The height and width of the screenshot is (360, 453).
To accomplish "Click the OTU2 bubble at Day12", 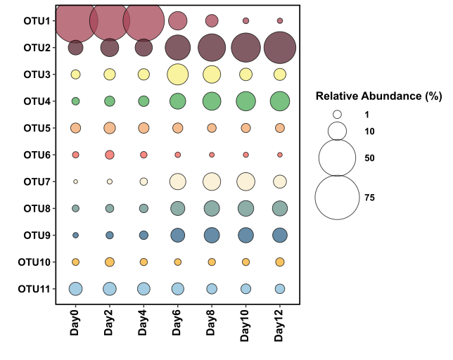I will [280, 48].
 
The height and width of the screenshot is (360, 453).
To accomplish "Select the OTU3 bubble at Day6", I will [177, 75].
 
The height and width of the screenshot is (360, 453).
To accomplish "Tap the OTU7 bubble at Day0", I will [75, 181].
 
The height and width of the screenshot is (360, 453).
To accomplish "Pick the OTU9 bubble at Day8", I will [212, 235].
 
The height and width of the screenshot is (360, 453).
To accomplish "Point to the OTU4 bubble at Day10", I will [245, 101].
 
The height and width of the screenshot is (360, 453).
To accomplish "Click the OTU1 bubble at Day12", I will [280, 21].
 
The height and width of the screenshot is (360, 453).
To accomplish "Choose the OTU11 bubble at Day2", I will [110, 288].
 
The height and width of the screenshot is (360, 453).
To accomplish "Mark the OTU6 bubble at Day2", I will [110, 155].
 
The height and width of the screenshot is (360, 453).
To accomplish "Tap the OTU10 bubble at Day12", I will [280, 262].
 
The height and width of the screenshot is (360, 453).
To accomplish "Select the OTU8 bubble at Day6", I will [177, 208].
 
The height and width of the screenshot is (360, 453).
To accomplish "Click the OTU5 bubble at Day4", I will [143, 128].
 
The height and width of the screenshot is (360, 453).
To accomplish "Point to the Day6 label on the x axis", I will [178, 323].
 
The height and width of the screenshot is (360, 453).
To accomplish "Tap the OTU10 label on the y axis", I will [34, 262].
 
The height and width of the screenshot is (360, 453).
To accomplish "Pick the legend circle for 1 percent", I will [338, 114].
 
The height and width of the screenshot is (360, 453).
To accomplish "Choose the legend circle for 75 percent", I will [338, 198].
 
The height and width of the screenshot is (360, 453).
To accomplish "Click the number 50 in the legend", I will [369, 158].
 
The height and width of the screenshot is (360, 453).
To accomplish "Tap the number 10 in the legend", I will [369, 131].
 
